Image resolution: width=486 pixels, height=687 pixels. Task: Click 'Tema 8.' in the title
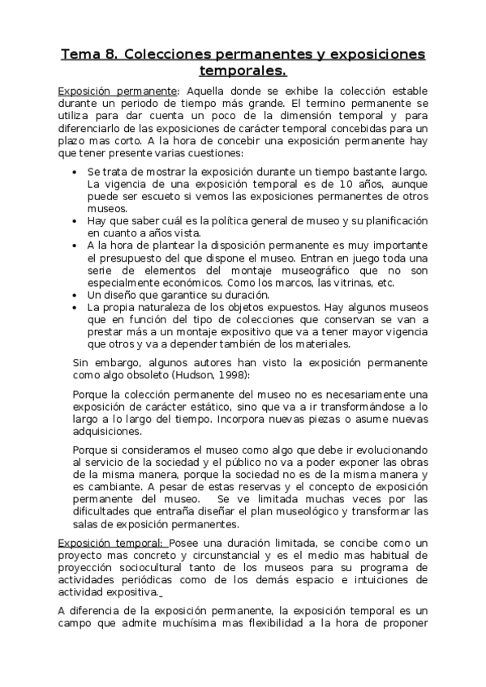click(89, 55)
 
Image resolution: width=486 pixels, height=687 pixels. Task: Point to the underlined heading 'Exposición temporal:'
click(110, 541)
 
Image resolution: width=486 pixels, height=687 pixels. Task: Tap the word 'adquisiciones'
click(107, 432)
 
